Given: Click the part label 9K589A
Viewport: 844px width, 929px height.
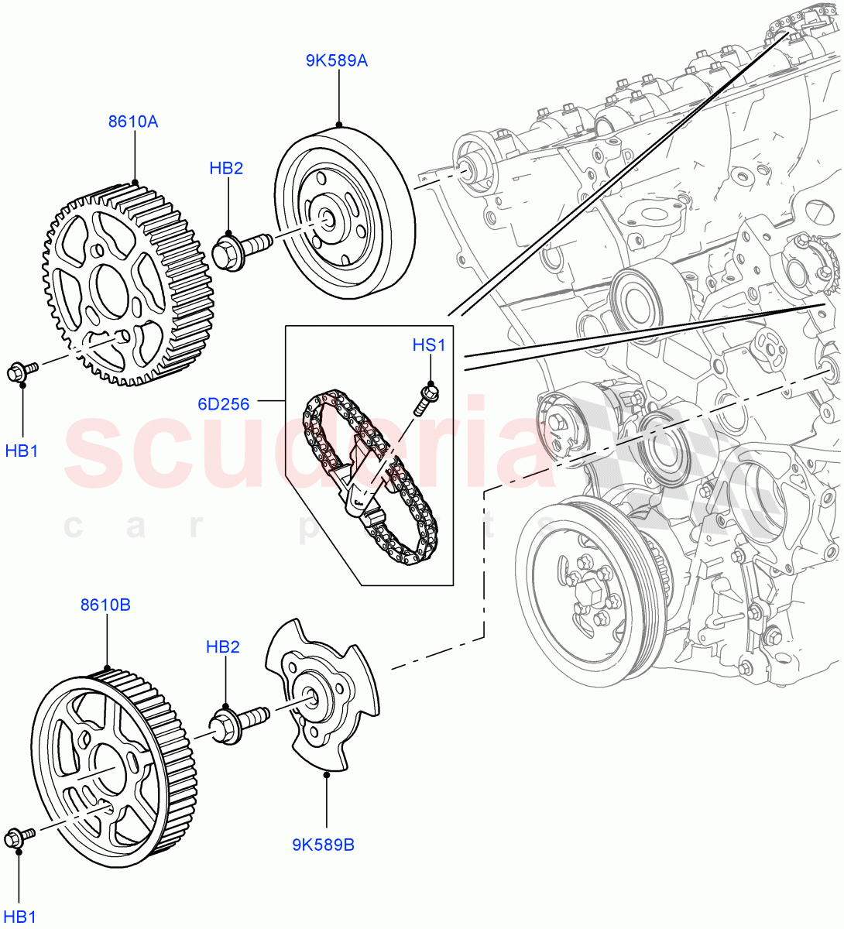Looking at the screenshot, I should (x=336, y=60).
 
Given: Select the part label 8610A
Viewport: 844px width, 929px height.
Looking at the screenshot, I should (x=132, y=122).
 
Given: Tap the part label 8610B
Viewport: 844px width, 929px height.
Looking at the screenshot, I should (x=105, y=604).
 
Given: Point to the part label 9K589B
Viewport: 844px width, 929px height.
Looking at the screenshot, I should (x=323, y=845).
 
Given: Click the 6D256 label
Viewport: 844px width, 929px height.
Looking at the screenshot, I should (x=224, y=403).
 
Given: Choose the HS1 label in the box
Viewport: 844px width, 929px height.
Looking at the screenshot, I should (x=429, y=345).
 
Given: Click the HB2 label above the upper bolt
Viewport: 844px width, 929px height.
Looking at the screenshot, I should (x=226, y=168).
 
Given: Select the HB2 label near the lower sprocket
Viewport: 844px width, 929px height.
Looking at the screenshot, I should (x=222, y=646).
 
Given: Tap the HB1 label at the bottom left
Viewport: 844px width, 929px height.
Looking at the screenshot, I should (x=21, y=917).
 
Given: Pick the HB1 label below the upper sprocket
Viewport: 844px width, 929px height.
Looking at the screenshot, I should (x=22, y=450).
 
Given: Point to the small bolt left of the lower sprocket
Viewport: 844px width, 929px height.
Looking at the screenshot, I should (x=19, y=837).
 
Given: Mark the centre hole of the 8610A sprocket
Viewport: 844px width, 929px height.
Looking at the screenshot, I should (x=116, y=283).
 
